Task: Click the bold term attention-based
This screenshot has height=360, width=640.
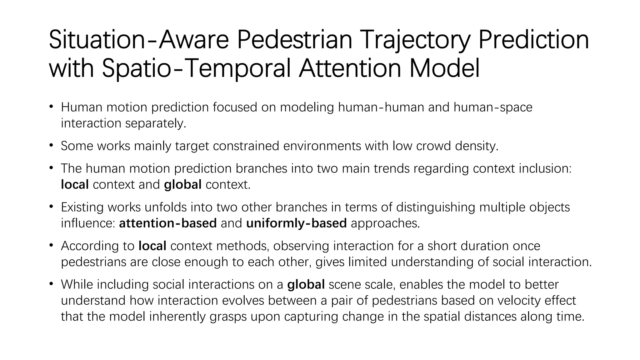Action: pyautogui.click(x=168, y=223)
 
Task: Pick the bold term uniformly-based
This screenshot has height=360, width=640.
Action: pyautogui.click(x=296, y=223)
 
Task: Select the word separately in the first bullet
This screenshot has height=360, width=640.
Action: pyautogui.click(x=155, y=123)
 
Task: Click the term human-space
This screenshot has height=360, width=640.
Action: pyautogui.click(x=493, y=107)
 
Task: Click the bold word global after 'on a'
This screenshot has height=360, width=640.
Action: pyautogui.click(x=306, y=284)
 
